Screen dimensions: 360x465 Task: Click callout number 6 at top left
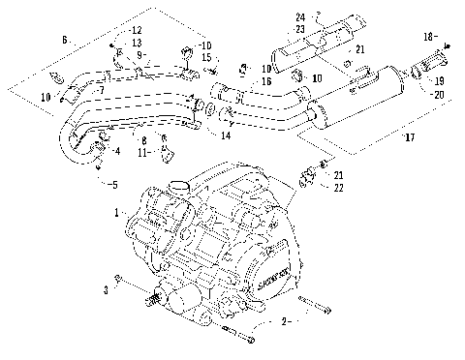click(x=65, y=41)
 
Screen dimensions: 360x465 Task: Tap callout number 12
click(x=136, y=32)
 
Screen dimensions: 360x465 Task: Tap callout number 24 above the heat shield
click(x=299, y=16)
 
